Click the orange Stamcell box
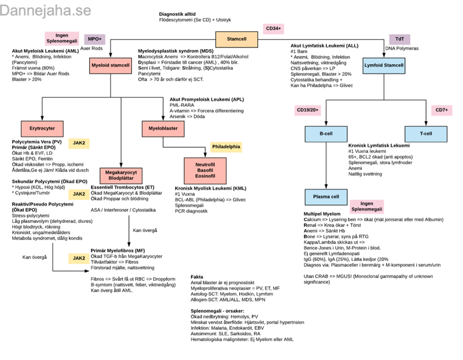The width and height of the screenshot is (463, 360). [x=236, y=39]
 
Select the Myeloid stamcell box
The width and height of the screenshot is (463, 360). [x=111, y=65]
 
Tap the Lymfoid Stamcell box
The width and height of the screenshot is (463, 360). [x=384, y=65]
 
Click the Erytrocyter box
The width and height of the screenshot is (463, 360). [x=42, y=128]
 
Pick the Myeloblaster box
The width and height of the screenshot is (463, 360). [x=163, y=128]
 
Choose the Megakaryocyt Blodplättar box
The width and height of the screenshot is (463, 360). [x=121, y=175]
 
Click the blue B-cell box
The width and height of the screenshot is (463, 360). [x=326, y=134]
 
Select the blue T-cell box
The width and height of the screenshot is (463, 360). [x=425, y=134]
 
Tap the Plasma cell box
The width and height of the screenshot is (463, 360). [x=326, y=197]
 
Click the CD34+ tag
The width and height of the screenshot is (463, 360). [x=273, y=28]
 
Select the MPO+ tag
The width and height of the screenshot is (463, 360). [x=94, y=39]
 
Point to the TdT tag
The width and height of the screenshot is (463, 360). [x=399, y=39]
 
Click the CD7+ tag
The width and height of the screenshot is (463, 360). [x=442, y=110]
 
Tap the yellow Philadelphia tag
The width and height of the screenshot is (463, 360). [x=226, y=147]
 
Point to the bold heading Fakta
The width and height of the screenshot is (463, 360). [x=197, y=277]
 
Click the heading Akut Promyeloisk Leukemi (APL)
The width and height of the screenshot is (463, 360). [x=207, y=99]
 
